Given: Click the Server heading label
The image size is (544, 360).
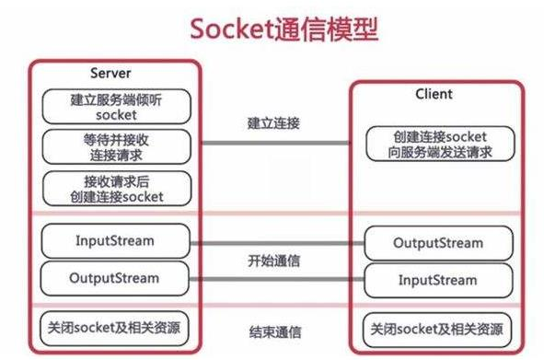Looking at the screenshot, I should tap(110, 73).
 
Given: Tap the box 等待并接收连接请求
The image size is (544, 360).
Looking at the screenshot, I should tap(115, 147).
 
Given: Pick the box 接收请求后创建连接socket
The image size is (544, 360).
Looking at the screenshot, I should tap(115, 189).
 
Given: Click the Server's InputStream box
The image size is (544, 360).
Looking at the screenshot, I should tap(115, 240).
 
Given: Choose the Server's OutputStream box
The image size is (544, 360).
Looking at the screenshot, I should tap(115, 277).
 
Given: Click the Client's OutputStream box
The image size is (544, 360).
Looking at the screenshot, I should tap(437, 243).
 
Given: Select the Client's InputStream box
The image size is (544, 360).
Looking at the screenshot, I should tap(437, 278).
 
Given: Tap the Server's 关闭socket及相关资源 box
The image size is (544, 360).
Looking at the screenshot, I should tap(115, 328).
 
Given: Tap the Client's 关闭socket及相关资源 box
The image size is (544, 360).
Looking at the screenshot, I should tap(437, 328).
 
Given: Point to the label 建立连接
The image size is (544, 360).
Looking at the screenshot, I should tap(272, 122).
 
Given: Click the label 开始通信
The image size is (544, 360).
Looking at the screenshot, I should tap(272, 260).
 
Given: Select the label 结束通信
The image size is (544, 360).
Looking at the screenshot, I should tap(272, 331).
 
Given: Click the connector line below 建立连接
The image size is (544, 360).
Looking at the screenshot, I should tap(272, 144).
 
